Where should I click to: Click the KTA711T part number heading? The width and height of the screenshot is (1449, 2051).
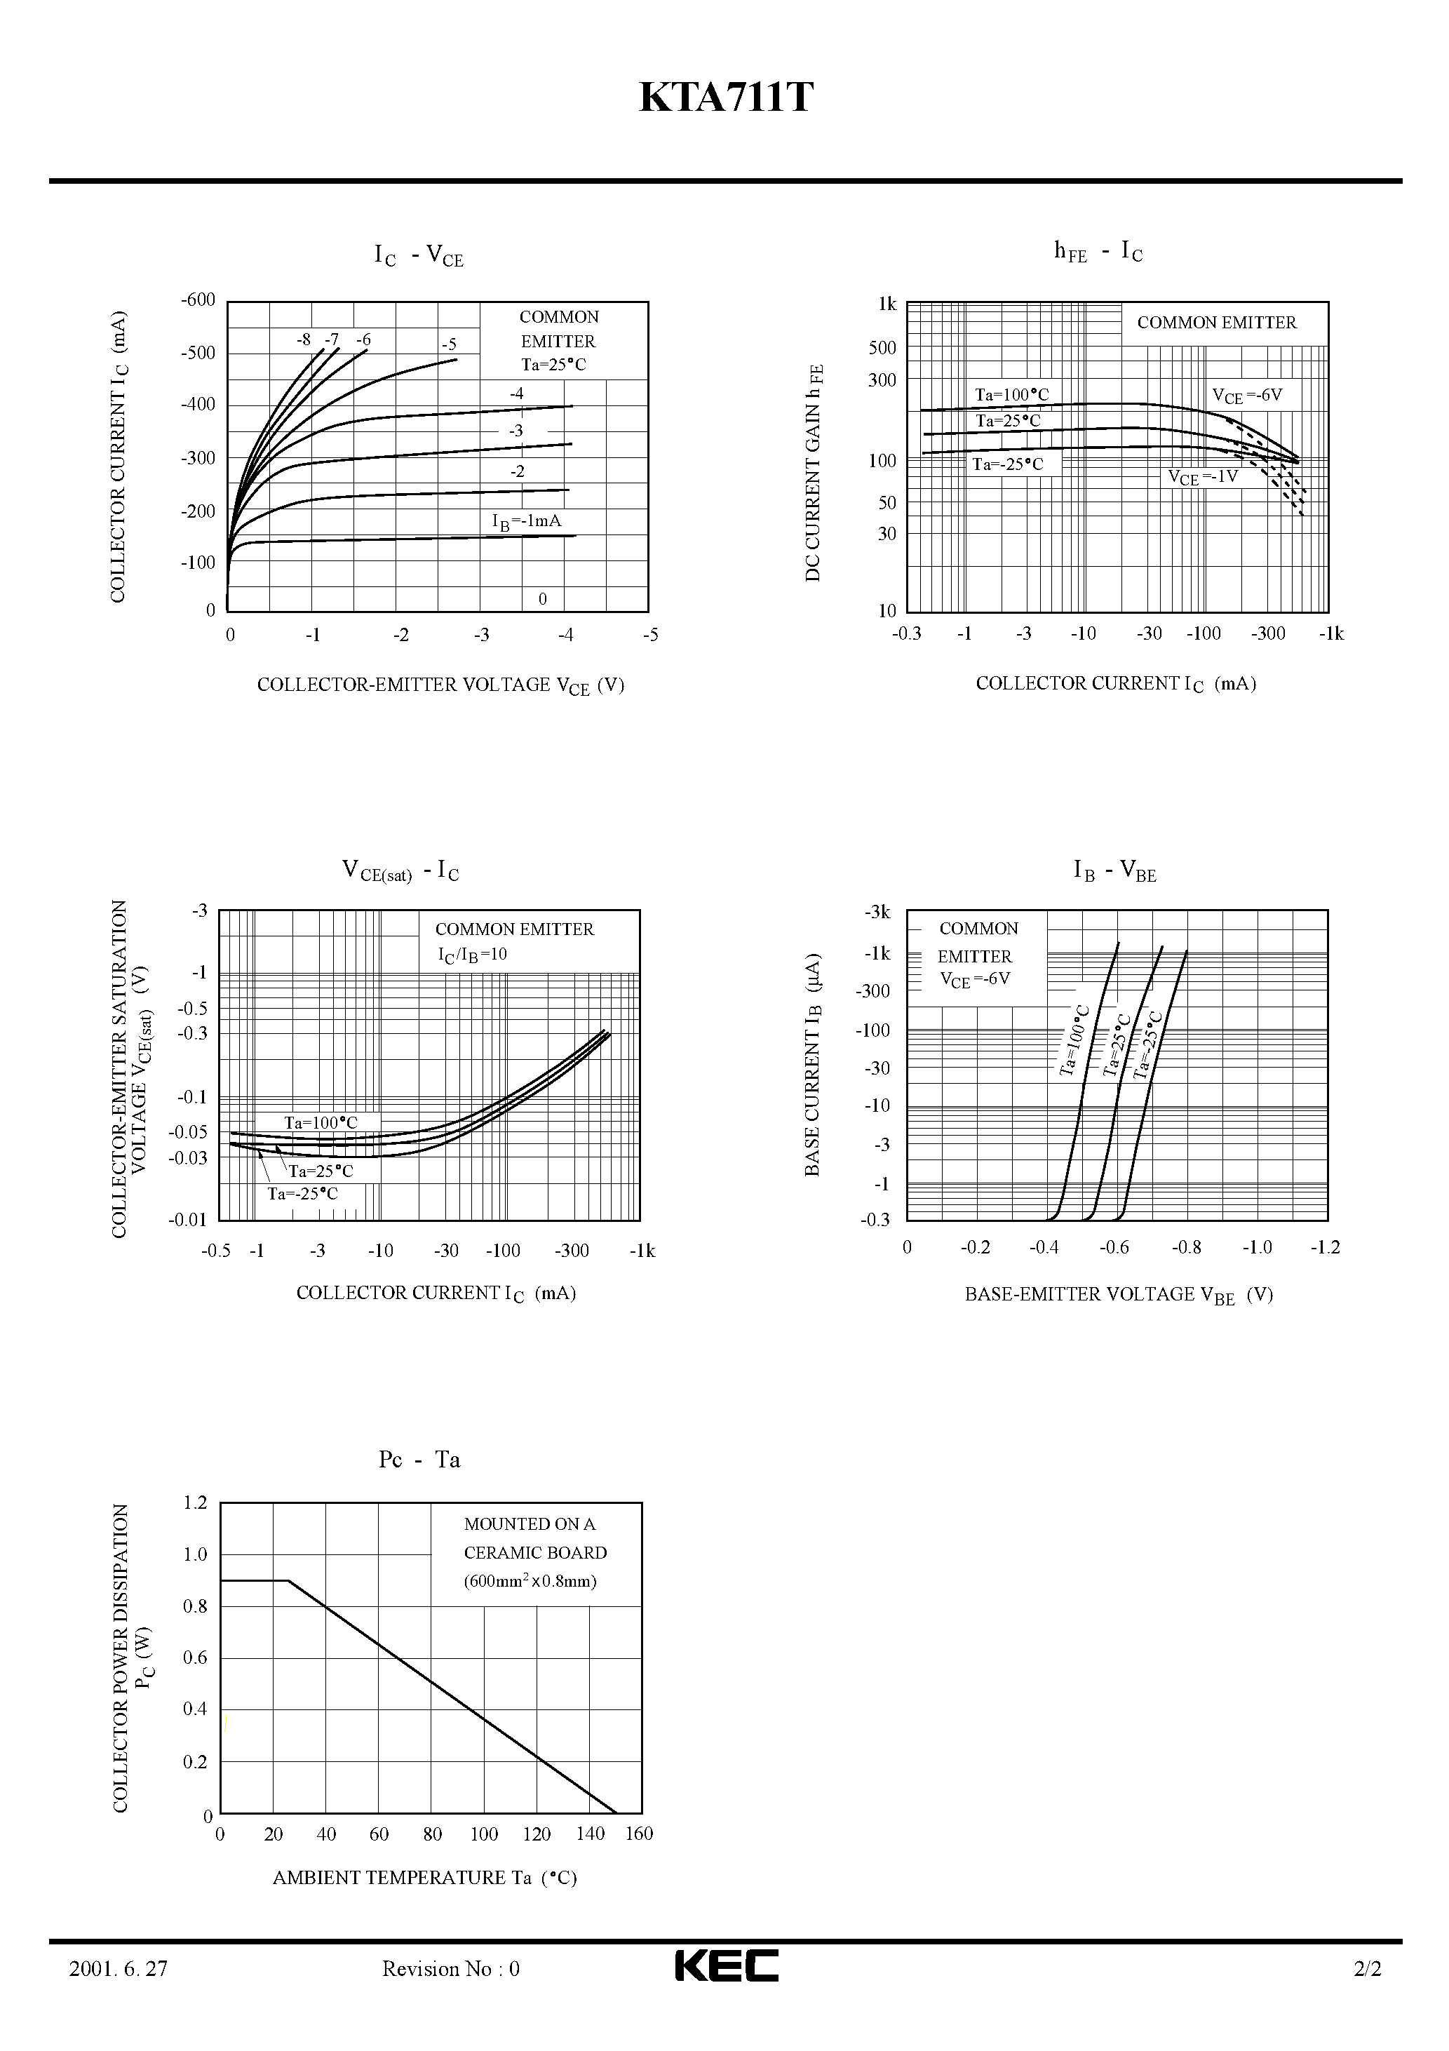(x=725, y=98)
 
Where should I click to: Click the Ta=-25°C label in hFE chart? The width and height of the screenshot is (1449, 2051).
(x=1007, y=464)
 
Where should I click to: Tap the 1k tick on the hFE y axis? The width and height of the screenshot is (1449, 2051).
(x=887, y=304)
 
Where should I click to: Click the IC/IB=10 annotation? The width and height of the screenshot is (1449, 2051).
(x=472, y=955)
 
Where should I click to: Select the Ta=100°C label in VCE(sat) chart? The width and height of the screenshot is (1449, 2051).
(x=321, y=1123)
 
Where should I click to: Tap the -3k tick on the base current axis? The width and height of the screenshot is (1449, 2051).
(x=877, y=912)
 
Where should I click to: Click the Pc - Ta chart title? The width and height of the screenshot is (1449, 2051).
(x=419, y=1460)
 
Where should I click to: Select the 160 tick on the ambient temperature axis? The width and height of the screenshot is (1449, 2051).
(x=639, y=1834)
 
